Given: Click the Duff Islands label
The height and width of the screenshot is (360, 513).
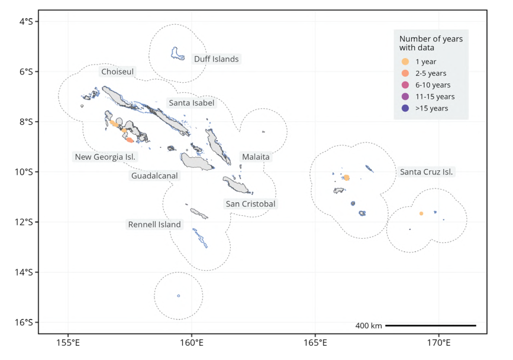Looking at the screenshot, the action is [216, 59].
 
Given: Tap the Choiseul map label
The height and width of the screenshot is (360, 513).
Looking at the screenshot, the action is [118, 72].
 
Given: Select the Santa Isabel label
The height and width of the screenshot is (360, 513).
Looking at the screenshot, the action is [191, 103].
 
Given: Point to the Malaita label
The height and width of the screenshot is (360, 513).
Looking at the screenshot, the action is [256, 157].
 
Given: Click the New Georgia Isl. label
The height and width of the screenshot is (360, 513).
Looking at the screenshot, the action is [105, 157].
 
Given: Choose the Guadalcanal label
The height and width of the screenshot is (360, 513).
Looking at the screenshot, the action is [154, 176].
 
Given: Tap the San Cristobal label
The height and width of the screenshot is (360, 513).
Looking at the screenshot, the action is [251, 204].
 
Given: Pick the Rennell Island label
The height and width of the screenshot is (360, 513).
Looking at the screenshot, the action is [154, 225].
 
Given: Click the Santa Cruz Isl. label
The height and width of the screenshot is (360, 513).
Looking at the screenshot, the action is [426, 172].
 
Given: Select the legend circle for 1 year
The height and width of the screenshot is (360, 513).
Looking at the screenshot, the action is [405, 61].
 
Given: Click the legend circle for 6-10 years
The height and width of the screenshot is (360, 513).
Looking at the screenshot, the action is [405, 85].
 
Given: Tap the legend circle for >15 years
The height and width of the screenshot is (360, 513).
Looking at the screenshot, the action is [405, 108].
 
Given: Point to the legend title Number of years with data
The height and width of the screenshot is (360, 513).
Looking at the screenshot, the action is [431, 43].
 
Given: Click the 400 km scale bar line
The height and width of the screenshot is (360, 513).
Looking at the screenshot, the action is [431, 326].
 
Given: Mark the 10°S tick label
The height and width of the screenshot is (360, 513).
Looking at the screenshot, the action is [24, 171].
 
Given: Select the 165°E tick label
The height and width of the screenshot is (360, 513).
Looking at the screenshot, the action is [315, 343].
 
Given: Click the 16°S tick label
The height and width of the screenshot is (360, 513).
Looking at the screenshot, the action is [24, 322].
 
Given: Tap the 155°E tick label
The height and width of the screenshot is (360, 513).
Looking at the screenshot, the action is [68, 343].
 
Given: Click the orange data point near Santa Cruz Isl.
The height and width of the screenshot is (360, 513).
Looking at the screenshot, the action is [347, 177].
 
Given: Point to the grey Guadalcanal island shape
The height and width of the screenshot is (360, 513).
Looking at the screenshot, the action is [196, 162].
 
